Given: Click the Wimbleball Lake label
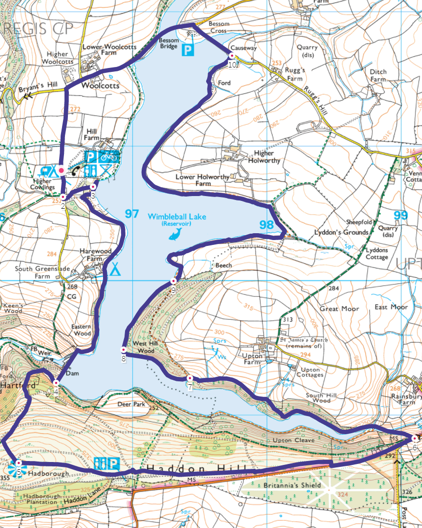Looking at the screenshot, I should [177, 217].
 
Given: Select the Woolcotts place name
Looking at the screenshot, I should [100, 85].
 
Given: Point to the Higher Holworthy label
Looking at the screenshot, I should [264, 157].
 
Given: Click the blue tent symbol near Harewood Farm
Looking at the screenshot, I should [115, 269].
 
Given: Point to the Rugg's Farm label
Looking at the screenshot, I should [295, 74].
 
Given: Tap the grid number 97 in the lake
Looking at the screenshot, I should [132, 214].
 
